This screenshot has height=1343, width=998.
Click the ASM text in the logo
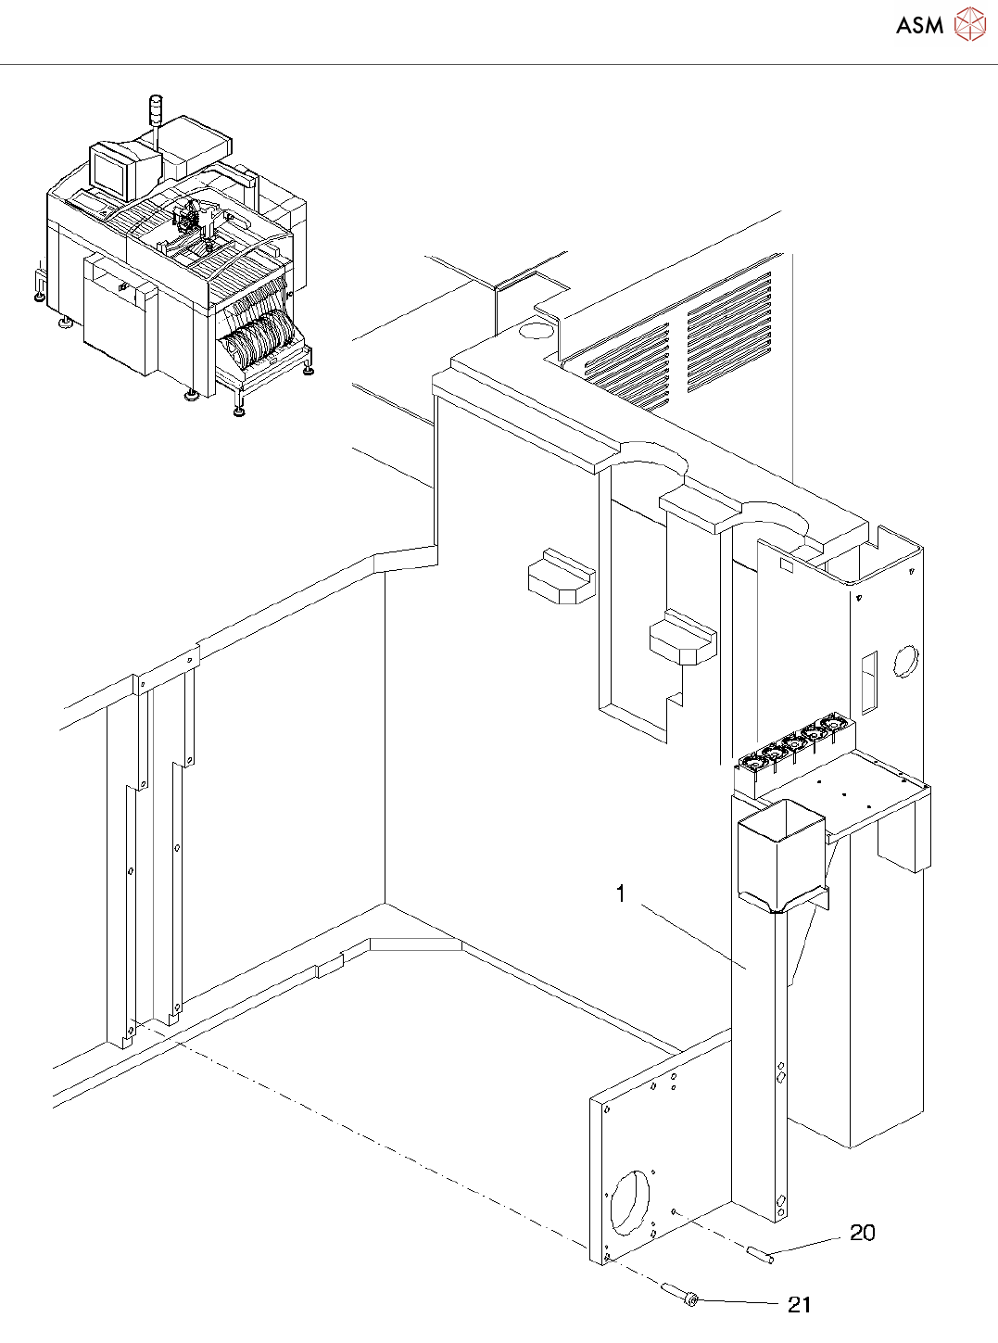click(919, 26)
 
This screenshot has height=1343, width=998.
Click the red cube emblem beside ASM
click(970, 24)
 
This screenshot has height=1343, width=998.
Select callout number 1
click(621, 893)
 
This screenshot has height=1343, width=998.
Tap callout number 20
click(862, 1233)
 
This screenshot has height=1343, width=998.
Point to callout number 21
click(799, 1305)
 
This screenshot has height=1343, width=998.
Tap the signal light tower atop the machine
click(156, 109)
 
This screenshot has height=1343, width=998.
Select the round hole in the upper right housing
click(904, 661)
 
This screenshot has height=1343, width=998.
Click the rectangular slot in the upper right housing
click(869, 683)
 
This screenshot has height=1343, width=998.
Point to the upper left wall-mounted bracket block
click(560, 576)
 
